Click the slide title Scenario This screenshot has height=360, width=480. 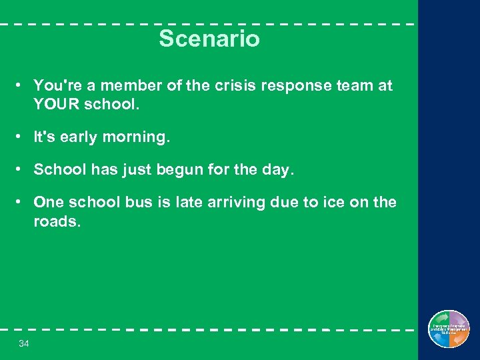209,39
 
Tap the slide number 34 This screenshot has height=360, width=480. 24,343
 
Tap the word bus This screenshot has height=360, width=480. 139,202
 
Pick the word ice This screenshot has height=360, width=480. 333,202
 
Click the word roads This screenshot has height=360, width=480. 57,221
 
